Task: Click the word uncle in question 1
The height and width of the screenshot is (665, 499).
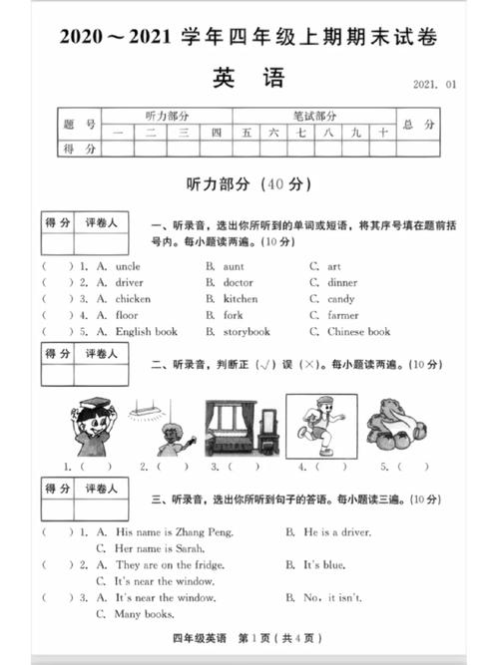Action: pyautogui.click(x=128, y=266)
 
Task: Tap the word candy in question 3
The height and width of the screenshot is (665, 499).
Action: pyautogui.click(x=340, y=298)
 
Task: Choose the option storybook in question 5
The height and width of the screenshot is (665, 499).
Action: pyautogui.click(x=247, y=331)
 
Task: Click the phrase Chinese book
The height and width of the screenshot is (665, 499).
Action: pyautogui.click(x=358, y=331)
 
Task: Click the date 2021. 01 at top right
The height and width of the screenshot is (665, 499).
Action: pyautogui.click(x=434, y=86)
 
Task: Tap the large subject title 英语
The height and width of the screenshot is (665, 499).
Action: pyautogui.click(x=249, y=77)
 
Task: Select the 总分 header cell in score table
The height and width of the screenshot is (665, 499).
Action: pyautogui.click(x=417, y=125)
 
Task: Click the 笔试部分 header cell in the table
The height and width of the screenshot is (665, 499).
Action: pyautogui.click(x=313, y=116)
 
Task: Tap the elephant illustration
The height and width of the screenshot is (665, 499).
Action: pyautogui.click(x=397, y=425)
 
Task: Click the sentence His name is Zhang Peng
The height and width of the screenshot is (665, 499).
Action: pyautogui.click(x=174, y=532)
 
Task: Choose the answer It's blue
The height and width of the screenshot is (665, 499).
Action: pyautogui.click(x=325, y=564)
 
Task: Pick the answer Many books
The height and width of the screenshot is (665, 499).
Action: pyautogui.click(x=145, y=613)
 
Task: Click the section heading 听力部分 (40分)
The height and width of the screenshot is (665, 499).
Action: pyautogui.click(x=249, y=184)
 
